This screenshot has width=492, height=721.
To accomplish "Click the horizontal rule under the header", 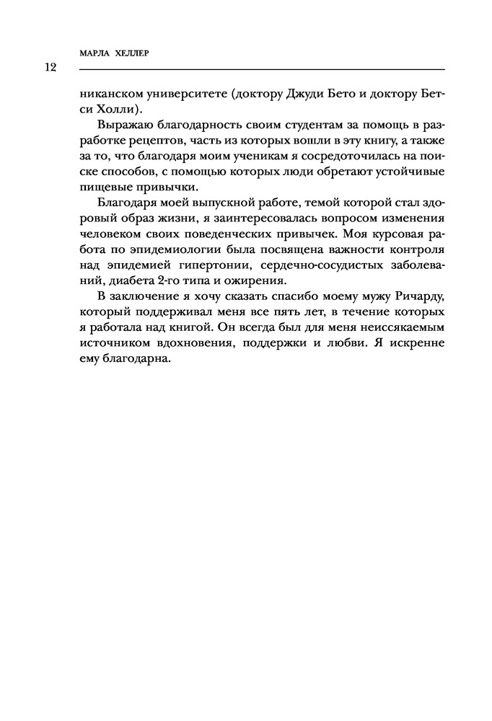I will (260, 69).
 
